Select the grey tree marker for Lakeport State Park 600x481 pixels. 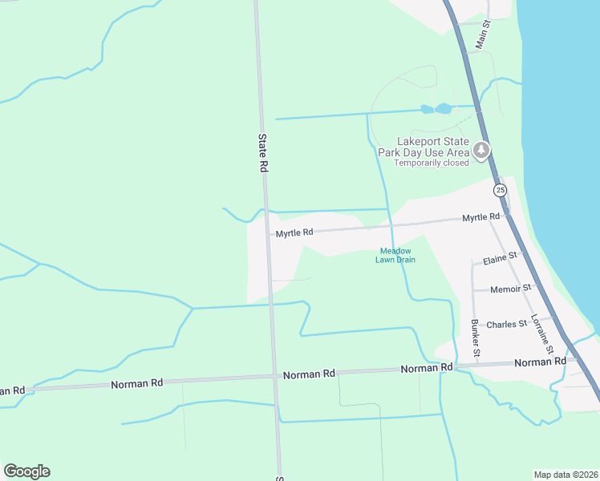[481, 151]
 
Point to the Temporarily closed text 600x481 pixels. [431, 163]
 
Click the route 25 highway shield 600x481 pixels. [501, 190]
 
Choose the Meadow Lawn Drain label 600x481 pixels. [396, 255]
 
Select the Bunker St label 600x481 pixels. [476, 338]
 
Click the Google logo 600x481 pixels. [26, 471]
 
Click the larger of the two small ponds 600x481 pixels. [444, 107]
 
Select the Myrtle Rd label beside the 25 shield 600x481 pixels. [480, 217]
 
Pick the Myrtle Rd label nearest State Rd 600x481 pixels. [294, 233]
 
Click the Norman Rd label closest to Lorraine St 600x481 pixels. [534, 362]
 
